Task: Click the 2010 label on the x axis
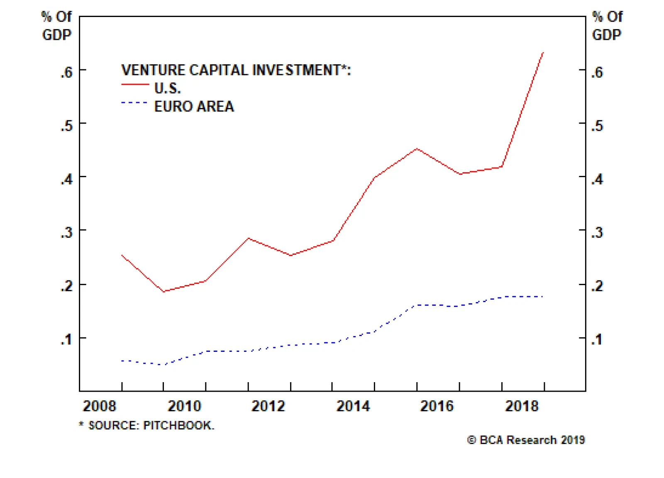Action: pyautogui.click(x=184, y=406)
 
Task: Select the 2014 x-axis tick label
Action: pyautogui.click(x=353, y=406)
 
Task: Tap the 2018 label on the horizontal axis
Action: pyautogui.click(x=522, y=406)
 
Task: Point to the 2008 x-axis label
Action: pyautogui.click(x=100, y=406)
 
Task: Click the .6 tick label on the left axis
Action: pyautogui.click(x=66, y=72)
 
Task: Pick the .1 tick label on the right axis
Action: pyautogui.click(x=597, y=339)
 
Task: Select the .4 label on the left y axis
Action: pyautogui.click(x=66, y=179)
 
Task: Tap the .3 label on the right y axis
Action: pyautogui.click(x=597, y=232)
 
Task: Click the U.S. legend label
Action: pyautogui.click(x=168, y=88)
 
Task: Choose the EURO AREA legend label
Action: pyautogui.click(x=194, y=107)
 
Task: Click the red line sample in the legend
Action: pyautogui.click(x=135, y=85)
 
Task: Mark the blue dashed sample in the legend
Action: pyautogui.click(x=134, y=102)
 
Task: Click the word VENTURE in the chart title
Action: pyautogui.click(x=153, y=70)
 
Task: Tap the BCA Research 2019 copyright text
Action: pyautogui.click(x=526, y=440)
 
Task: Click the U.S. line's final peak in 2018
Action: pyautogui.click(x=543, y=53)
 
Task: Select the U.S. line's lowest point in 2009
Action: pyautogui.click(x=164, y=292)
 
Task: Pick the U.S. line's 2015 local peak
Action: pyautogui.click(x=417, y=149)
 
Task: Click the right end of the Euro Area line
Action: pyautogui.click(x=543, y=297)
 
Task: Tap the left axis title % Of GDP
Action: pyautogui.click(x=56, y=26)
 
